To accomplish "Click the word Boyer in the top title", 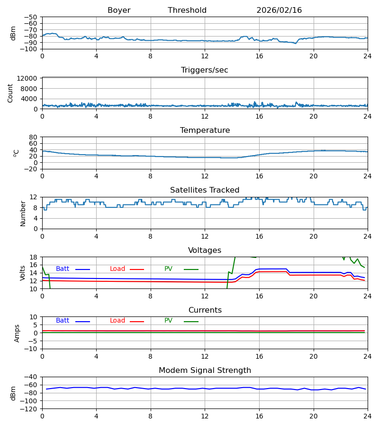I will click(119, 10).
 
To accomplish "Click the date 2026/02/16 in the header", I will click(279, 10).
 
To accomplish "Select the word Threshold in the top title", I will click(187, 10).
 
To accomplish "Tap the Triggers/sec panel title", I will click(205, 70).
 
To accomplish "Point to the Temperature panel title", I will click(205, 130).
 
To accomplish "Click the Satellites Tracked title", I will click(205, 190).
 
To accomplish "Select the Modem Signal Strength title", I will click(205, 371).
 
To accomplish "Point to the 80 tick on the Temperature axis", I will click(34, 137).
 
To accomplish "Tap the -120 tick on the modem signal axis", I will click(30, 408).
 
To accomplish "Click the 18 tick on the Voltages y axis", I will click(34, 257).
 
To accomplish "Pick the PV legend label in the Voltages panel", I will click(168, 269).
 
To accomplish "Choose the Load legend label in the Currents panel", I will click(117, 321).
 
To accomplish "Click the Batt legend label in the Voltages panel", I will click(63, 269).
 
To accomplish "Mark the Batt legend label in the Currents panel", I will click(63, 321).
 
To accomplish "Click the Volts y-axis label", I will click(23, 273).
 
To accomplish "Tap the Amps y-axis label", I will click(17, 333).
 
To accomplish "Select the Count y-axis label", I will click(10, 93).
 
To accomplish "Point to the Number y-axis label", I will click(23, 213).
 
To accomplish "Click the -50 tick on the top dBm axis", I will click(32, 17).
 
